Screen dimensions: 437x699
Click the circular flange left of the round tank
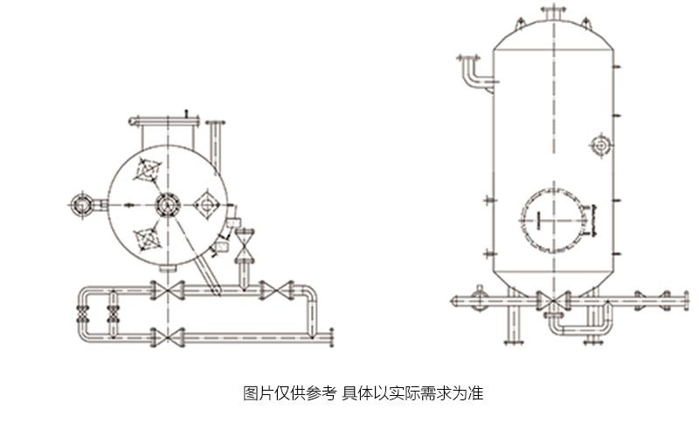(x=83, y=205)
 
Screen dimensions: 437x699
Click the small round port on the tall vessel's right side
(x=601, y=144)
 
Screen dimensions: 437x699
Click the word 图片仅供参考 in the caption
(x=289, y=393)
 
